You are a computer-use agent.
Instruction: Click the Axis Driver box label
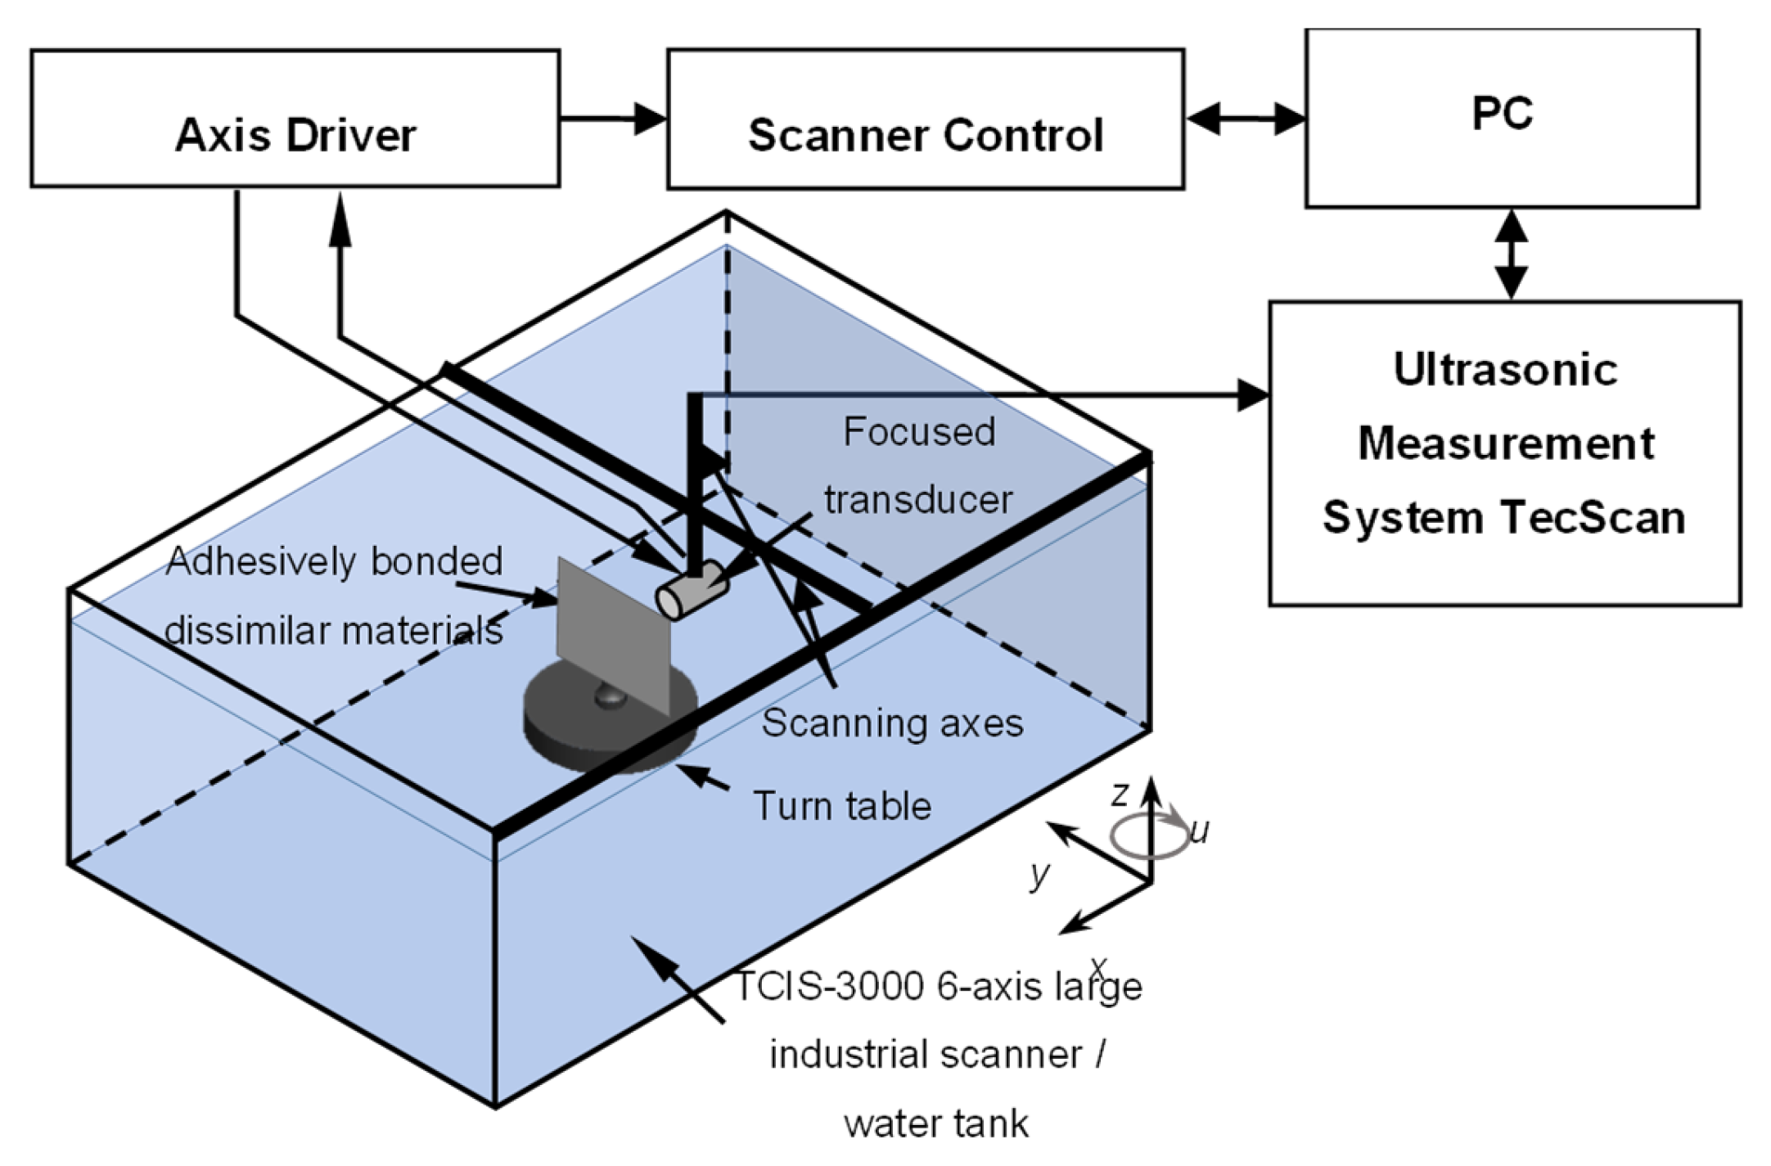tap(295, 135)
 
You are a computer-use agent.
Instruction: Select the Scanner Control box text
tap(925, 135)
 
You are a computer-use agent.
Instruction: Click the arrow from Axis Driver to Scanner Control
tap(614, 119)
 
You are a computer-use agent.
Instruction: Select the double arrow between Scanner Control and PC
tap(1245, 119)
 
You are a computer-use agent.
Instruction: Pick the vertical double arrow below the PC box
tap(1511, 254)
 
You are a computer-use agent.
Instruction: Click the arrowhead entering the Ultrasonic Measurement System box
tap(1252, 396)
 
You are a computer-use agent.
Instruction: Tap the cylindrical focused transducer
tap(692, 590)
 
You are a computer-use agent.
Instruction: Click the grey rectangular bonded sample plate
tap(613, 630)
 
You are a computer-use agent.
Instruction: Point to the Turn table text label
tap(841, 806)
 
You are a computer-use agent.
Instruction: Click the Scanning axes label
tap(892, 723)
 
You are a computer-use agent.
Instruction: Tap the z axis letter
tap(1120, 794)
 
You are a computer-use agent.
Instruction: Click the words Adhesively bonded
tap(334, 561)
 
